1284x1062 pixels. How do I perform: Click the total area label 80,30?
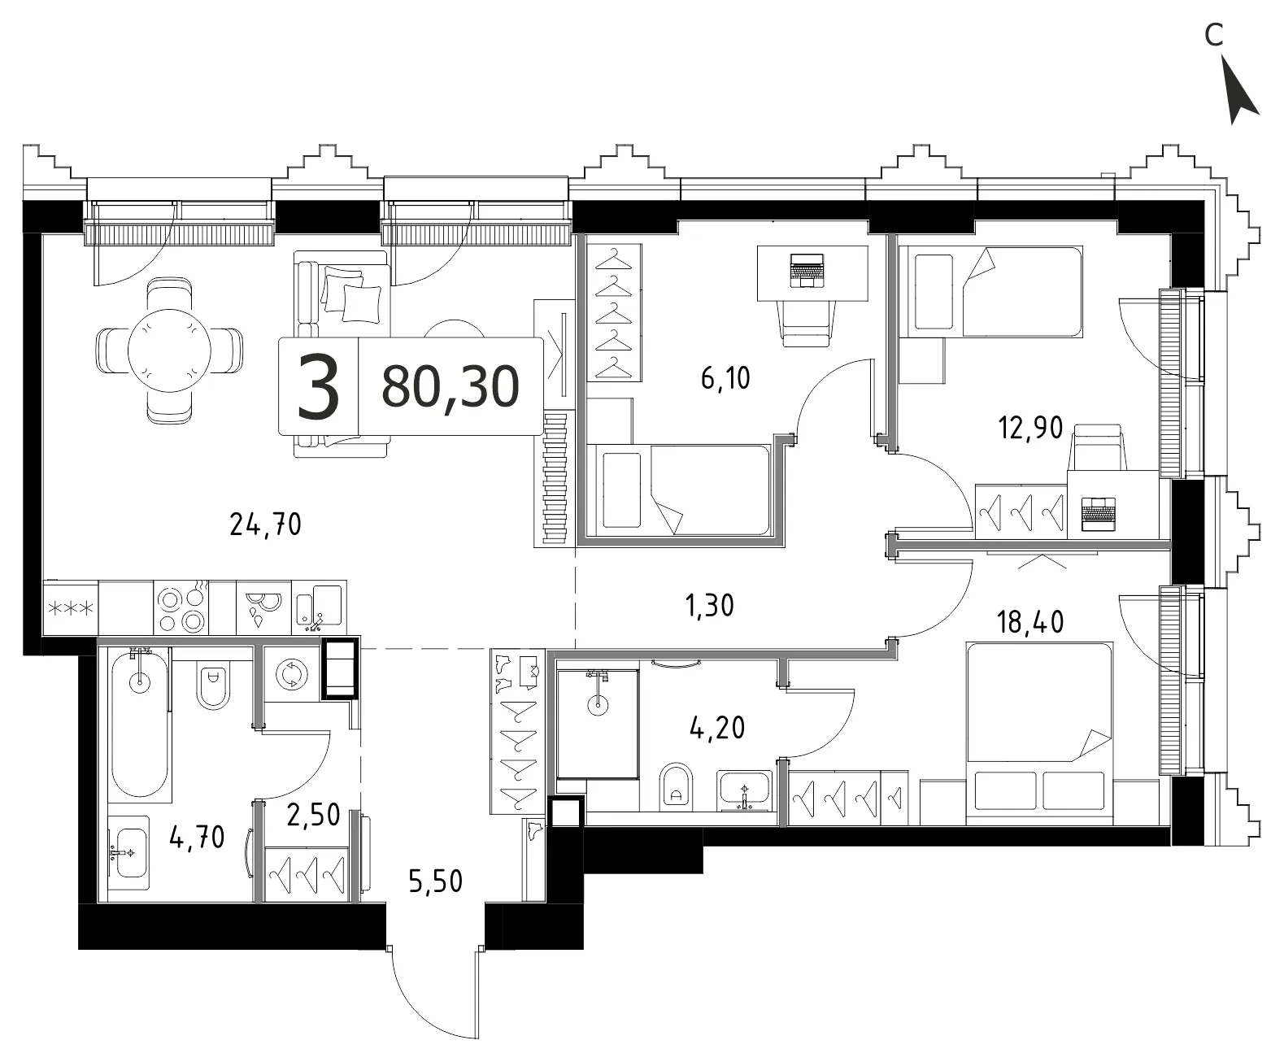click(x=450, y=387)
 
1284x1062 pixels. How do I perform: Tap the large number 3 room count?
click(x=319, y=387)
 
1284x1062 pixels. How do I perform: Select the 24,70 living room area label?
click(x=266, y=524)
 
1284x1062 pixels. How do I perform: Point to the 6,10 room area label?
click(x=725, y=378)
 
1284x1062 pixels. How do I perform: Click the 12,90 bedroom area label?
click(x=1030, y=428)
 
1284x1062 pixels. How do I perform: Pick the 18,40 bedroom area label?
click(x=1030, y=622)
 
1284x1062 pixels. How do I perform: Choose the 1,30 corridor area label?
click(x=710, y=606)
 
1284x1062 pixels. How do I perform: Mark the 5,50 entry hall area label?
click(x=435, y=881)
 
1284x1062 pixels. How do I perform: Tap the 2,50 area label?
click(x=314, y=815)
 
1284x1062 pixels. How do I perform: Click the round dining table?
click(x=169, y=351)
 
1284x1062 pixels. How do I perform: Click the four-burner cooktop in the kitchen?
click(x=181, y=607)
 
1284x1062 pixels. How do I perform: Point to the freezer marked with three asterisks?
click(x=71, y=607)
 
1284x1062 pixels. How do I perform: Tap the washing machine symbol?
click(x=289, y=675)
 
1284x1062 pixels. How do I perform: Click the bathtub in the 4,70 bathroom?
click(x=140, y=725)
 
